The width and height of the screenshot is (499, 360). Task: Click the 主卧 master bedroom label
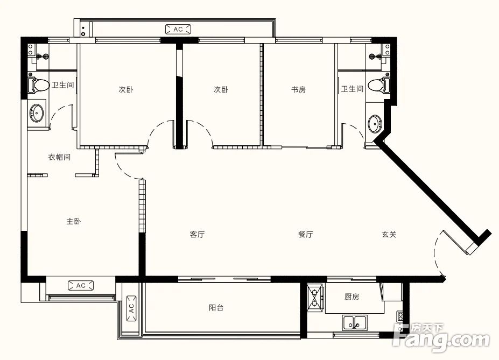tap(74, 221)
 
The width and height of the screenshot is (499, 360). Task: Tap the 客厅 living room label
tap(197, 235)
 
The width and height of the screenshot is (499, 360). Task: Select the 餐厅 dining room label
tap(305, 235)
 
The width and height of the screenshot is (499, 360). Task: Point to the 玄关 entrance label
tap(389, 235)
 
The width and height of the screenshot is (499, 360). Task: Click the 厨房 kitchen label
tap(352, 297)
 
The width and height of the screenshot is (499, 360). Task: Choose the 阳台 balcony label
tap(216, 307)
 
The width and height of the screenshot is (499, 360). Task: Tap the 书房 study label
tap(298, 90)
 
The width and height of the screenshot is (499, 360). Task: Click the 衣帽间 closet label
tap(59, 157)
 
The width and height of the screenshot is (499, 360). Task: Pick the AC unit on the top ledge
tap(178, 29)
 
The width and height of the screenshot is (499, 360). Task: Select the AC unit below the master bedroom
tap(81, 286)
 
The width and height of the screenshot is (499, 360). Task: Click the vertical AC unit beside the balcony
tap(131, 308)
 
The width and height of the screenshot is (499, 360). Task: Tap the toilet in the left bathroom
tap(38, 85)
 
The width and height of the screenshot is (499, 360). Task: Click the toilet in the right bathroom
tap(378, 85)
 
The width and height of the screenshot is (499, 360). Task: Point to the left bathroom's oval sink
tap(37, 113)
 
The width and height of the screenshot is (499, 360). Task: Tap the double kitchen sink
tap(355, 323)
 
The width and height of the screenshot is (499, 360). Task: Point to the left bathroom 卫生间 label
tap(62, 85)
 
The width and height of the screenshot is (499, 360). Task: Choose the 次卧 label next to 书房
tap(221, 90)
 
